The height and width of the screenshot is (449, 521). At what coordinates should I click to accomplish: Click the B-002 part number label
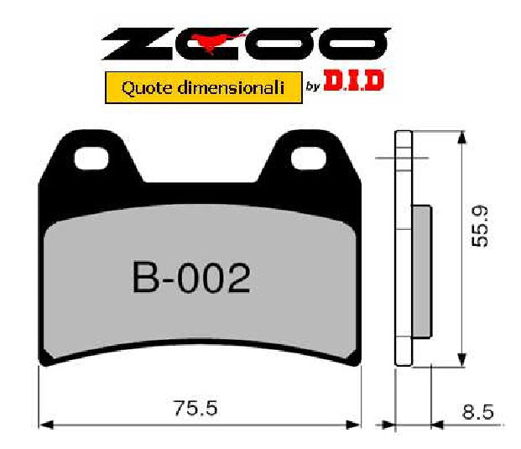click(x=191, y=278)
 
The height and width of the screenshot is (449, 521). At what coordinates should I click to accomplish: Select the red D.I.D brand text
click(x=353, y=83)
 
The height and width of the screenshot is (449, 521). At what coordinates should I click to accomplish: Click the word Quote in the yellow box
click(x=143, y=87)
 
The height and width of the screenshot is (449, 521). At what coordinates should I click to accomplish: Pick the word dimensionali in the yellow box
click(x=223, y=87)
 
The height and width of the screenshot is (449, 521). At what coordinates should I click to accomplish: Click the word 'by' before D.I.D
click(x=310, y=86)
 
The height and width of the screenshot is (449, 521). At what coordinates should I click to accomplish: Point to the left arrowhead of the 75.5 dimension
click(x=45, y=424)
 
